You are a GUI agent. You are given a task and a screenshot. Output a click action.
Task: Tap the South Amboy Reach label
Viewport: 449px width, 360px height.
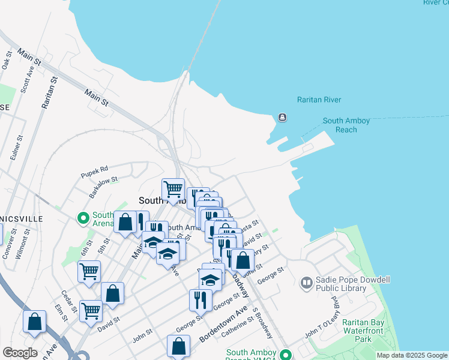click(x=348, y=125)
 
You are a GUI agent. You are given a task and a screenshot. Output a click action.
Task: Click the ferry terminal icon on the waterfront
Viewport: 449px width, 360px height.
click(x=282, y=118)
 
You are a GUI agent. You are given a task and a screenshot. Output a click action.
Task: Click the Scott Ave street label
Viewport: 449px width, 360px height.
click(x=25, y=79)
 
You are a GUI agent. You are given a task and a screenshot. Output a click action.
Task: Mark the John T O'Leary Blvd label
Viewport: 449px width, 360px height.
click(x=323, y=324)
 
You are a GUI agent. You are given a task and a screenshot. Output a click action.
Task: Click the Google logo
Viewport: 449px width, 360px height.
click(x=19, y=352)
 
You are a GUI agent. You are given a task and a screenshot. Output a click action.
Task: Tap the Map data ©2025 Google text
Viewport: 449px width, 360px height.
click(x=411, y=355)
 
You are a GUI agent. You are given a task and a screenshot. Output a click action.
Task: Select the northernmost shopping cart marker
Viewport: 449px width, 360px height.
click(x=173, y=189)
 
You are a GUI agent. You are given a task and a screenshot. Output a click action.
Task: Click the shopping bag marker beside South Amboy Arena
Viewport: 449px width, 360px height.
click(x=125, y=223)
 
